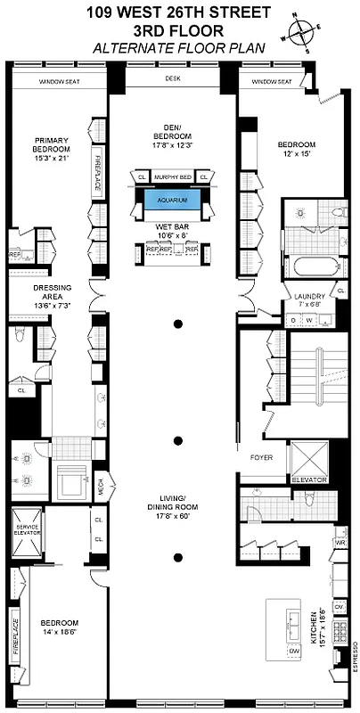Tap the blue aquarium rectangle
173,201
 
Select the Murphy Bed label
173,176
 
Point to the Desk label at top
173,78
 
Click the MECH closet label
101,488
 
